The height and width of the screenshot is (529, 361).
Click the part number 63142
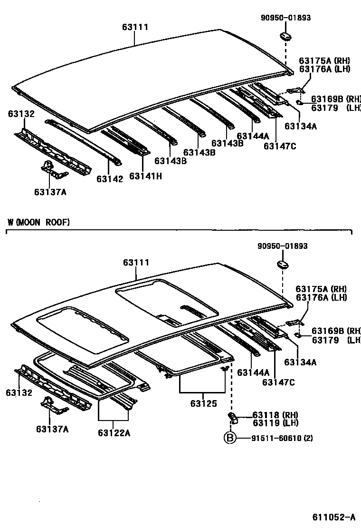click(110, 179)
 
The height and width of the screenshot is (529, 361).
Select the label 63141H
click(145, 176)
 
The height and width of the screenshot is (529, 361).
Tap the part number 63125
click(203, 403)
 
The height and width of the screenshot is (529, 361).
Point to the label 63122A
click(114, 433)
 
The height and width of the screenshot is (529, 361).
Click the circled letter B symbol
click(230, 438)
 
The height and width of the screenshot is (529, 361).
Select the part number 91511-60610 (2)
click(282, 438)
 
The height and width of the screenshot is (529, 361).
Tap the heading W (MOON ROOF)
click(38, 222)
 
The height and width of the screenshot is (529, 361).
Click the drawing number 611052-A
click(333, 518)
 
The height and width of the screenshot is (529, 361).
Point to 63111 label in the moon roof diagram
click(136, 263)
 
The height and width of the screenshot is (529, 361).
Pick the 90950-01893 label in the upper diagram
click(285, 18)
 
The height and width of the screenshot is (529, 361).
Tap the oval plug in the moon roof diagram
click(282, 264)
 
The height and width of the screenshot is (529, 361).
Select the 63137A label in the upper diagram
click(50, 192)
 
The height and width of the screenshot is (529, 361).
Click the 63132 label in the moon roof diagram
click(19, 392)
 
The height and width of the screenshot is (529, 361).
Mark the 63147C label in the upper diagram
click(280, 146)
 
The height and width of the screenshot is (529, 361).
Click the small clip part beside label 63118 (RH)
click(233, 417)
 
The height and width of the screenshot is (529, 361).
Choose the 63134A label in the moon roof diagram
click(301, 362)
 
